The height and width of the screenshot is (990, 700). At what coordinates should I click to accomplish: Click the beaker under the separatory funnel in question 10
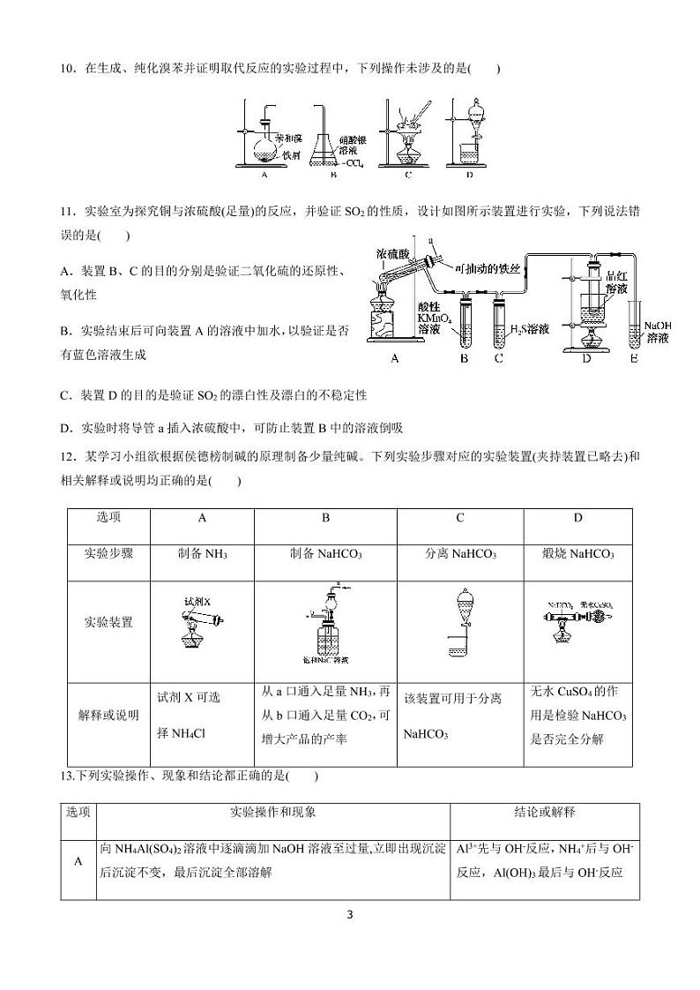pyautogui.click(x=470, y=155)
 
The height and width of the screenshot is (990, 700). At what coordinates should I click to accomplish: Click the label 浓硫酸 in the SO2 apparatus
pyautogui.click(x=391, y=253)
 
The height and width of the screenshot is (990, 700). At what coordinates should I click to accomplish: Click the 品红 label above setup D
pyautogui.click(x=616, y=275)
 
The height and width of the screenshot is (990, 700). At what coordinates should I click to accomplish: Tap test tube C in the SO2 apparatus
pyautogui.click(x=500, y=325)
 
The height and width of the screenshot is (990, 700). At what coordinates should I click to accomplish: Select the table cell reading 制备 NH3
pyautogui.click(x=203, y=554)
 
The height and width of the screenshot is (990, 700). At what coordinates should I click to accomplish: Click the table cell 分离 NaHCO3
pyautogui.click(x=460, y=554)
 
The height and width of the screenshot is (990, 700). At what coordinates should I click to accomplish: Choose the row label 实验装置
pyautogui.click(x=108, y=622)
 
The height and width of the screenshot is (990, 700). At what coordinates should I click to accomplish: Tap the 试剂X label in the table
pyautogui.click(x=197, y=600)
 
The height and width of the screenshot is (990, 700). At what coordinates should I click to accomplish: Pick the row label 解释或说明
pyautogui.click(x=108, y=716)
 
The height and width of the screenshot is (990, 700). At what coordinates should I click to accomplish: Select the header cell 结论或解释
pyautogui.click(x=545, y=812)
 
